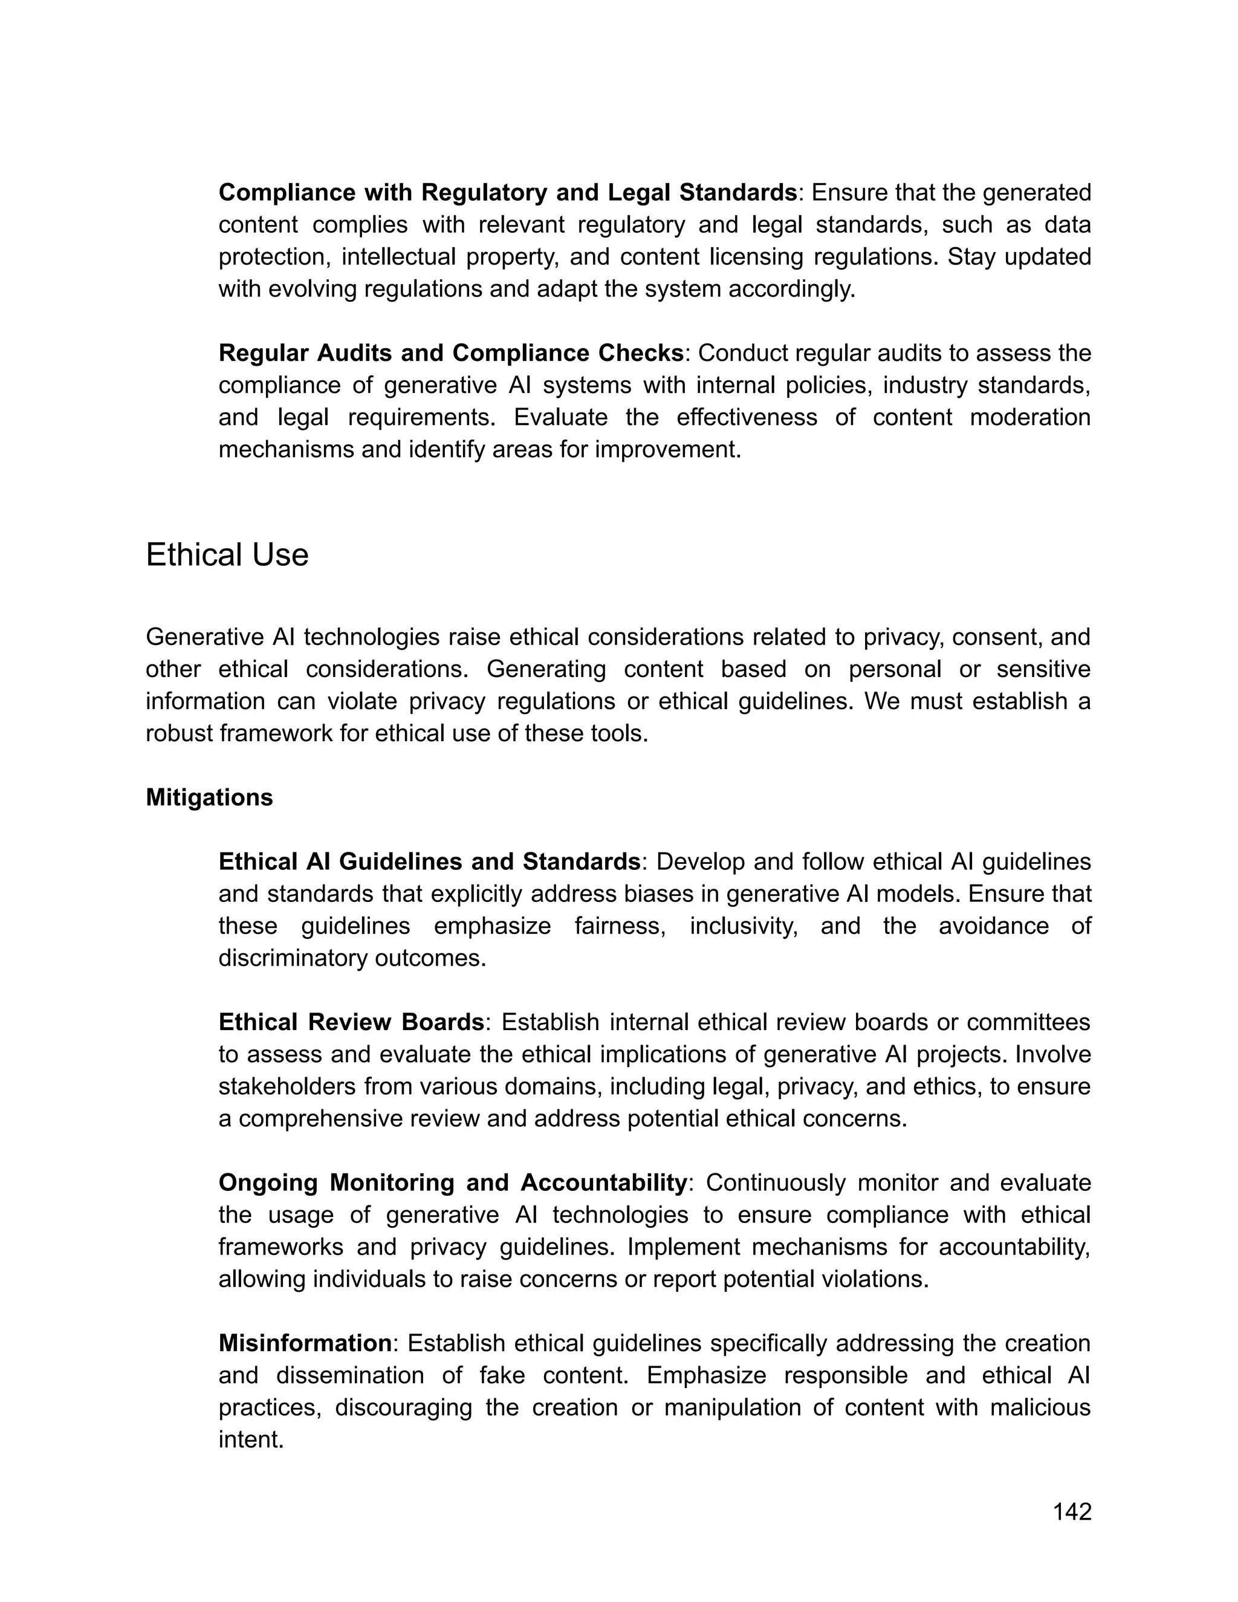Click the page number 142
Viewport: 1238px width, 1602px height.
pos(1072,1511)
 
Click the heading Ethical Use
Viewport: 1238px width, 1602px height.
pos(227,556)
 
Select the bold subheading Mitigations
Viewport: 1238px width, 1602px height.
pos(209,797)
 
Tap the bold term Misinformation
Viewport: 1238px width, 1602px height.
pos(305,1343)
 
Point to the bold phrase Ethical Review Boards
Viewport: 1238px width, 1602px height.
pos(351,1022)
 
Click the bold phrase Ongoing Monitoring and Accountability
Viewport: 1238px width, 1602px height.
pos(453,1182)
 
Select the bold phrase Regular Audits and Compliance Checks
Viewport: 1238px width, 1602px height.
pos(451,353)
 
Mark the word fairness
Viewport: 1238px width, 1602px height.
pos(620,926)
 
